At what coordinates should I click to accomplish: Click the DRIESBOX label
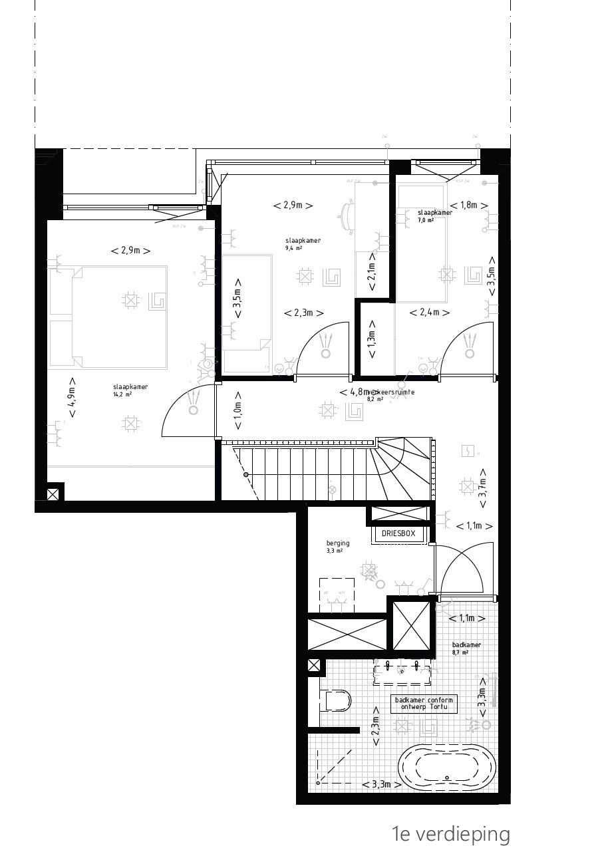[398, 533]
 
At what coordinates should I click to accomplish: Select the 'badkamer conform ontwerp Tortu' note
[424, 704]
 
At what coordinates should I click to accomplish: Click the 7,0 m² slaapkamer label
[417, 215]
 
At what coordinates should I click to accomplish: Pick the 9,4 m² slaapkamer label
[293, 243]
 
